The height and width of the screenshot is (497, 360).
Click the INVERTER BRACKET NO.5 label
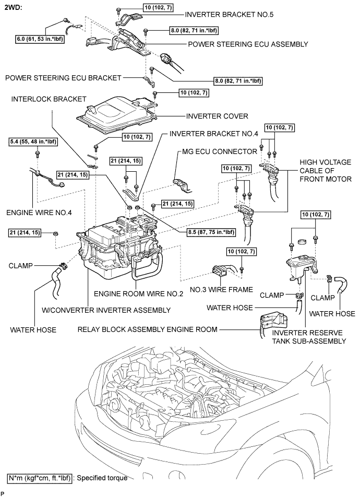[229, 15]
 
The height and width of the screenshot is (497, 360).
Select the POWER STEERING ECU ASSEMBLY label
[248, 44]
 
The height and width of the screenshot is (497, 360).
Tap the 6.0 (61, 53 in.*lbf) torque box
[40, 39]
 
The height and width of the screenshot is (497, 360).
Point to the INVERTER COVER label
[217, 116]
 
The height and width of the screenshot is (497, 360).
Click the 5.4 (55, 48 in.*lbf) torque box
[33, 142]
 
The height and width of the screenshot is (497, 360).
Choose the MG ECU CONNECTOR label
[220, 151]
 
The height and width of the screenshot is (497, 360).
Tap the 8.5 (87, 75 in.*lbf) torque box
[211, 232]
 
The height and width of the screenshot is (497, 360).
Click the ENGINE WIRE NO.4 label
[39, 212]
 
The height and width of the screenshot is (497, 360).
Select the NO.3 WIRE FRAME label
[221, 289]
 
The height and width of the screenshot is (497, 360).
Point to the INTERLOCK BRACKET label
[49, 99]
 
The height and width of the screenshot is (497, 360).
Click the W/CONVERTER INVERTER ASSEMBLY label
[106, 310]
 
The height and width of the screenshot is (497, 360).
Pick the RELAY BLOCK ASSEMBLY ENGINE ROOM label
[147, 329]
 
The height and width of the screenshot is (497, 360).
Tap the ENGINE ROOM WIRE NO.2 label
[138, 294]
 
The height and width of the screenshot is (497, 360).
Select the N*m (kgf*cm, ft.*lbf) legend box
[39, 478]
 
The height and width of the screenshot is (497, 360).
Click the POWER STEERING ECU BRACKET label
[63, 78]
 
